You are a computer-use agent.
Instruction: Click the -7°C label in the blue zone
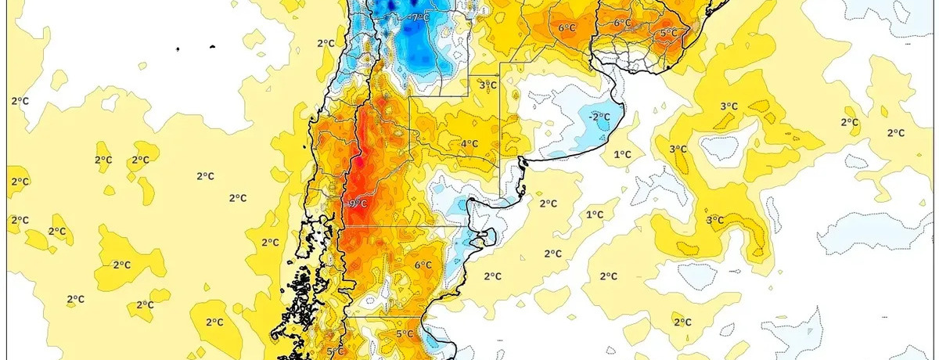[420, 16]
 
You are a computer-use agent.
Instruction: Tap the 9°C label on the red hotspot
[357, 203]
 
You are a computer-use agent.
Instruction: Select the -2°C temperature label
[599, 117]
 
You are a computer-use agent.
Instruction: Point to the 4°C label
[469, 144]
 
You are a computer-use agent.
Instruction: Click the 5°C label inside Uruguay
[668, 34]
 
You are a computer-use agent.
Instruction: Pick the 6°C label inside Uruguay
[622, 23]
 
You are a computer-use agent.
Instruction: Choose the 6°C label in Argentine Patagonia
[423, 265]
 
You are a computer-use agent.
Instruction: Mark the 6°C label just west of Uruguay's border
[567, 28]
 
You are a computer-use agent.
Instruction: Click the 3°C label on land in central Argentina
[487, 85]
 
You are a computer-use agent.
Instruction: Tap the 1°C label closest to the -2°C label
[622, 154]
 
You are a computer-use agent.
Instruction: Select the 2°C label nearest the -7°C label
[326, 43]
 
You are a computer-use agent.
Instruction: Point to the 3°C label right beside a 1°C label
[678, 149]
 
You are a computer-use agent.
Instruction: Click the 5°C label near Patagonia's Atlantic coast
[404, 334]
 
